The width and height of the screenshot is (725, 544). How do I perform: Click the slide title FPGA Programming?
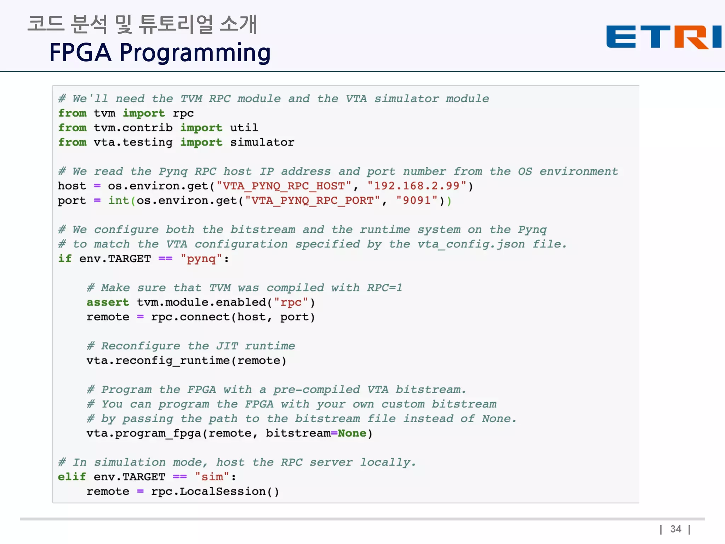pos(160,52)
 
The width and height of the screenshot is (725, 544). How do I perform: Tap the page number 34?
pos(675,529)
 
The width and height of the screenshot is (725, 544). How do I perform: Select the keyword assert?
pos(108,302)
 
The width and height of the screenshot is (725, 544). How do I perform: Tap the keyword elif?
pos(72,477)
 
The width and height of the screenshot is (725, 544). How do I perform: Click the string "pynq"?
pos(201,259)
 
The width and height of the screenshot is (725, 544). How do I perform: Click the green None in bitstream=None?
pos(352,433)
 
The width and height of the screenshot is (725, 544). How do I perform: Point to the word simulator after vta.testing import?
pos(262,142)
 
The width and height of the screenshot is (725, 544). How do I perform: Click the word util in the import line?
pos(244,128)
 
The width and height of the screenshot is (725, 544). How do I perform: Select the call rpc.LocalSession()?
pos(215,492)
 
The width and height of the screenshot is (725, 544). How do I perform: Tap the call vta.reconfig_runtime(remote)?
pos(186,361)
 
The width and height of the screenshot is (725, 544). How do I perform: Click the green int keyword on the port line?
pos(119,200)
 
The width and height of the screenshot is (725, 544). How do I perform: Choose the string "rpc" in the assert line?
pos(291,302)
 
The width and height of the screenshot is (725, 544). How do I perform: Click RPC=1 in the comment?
pos(384,288)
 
